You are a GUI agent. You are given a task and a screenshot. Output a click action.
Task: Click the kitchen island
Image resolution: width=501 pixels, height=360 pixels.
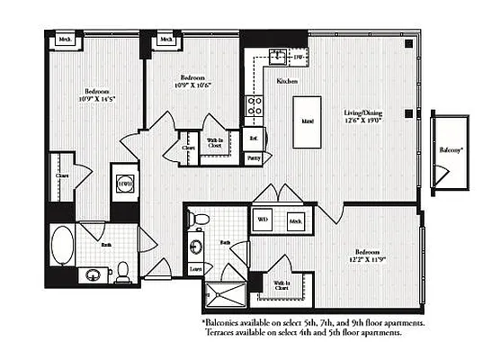308,120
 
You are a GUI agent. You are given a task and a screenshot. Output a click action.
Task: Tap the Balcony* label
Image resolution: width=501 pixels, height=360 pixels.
452,149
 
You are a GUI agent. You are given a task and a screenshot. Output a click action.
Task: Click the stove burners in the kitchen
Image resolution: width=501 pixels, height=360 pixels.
255,108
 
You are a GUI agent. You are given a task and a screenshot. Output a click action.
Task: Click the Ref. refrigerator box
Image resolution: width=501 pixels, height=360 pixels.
255,139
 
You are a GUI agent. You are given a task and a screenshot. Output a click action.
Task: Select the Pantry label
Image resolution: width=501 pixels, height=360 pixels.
255,157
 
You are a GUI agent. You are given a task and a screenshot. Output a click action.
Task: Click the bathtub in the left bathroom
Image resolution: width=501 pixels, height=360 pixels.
62,245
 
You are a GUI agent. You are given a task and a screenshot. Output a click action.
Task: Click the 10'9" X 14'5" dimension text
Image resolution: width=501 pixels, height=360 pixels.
97,102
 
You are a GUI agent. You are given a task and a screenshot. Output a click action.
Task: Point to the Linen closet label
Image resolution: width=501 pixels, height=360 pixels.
195,266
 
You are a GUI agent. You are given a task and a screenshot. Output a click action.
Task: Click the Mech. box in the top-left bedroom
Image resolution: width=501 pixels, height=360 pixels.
65,40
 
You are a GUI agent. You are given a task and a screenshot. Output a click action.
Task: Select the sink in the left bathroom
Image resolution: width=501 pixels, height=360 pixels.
92,274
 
